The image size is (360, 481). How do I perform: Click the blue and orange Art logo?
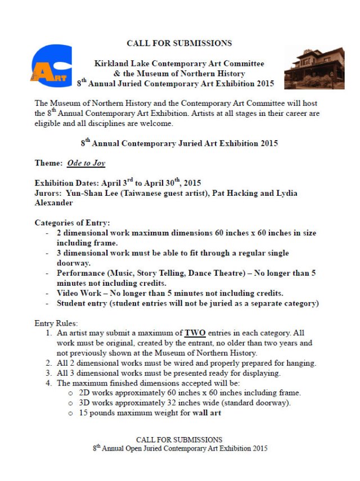pyautogui.click(x=51, y=65)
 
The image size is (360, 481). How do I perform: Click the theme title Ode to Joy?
pyautogui.click(x=86, y=163)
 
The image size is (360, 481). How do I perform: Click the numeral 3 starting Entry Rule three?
pyautogui.click(x=48, y=372)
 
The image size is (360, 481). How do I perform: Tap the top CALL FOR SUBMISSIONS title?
pyautogui.click(x=179, y=43)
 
